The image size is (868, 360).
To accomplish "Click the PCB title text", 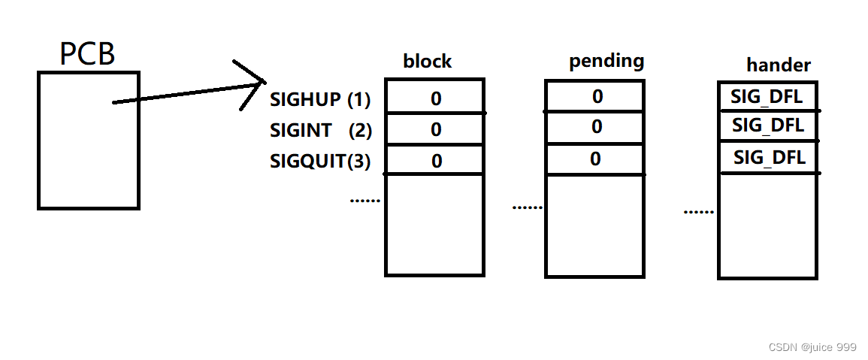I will coord(87,53).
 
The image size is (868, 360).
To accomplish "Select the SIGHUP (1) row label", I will coord(320,99).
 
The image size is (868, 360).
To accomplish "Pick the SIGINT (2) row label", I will coord(321,130).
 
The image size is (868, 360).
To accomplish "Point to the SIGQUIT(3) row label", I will coord(320,161).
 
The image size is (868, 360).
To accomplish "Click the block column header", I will coord(428,62).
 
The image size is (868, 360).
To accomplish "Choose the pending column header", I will coord(606,61).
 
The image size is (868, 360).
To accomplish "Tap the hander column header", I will coord(779,65).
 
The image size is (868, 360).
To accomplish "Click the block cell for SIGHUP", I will coord(435,97).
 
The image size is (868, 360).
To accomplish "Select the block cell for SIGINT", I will coord(435,129).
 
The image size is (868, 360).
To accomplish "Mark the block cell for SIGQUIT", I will coord(435,160).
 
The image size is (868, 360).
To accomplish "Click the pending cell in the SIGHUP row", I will coord(595,96).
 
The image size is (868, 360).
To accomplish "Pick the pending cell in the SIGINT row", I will coord(595,127).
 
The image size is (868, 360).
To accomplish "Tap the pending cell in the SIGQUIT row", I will coord(595,159).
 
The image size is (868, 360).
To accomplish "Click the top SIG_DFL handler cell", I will coord(767,96).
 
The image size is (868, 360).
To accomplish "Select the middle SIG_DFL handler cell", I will coord(767,126).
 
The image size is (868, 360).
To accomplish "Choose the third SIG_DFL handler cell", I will coord(768,158).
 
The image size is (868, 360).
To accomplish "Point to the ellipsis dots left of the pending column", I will coord(527,207).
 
